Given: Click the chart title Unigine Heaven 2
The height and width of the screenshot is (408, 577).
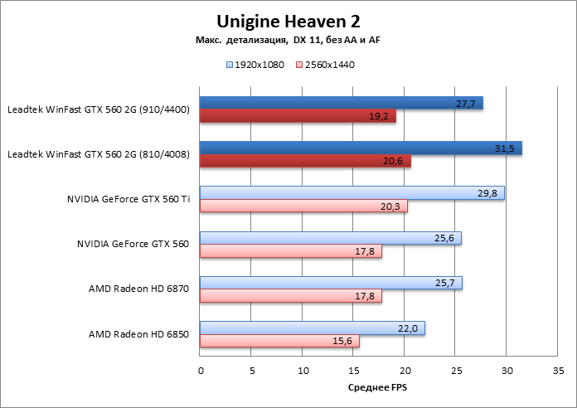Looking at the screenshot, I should (x=288, y=20).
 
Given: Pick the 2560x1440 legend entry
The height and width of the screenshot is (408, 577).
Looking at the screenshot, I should (x=325, y=64).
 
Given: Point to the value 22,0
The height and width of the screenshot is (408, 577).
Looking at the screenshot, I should (x=407, y=328).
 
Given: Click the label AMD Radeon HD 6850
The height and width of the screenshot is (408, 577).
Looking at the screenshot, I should (x=139, y=335).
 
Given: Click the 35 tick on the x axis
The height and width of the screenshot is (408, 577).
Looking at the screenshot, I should (x=559, y=372).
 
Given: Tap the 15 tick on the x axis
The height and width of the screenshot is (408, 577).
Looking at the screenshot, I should (x=354, y=372).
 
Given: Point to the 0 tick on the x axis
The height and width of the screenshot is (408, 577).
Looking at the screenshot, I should (x=200, y=372).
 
